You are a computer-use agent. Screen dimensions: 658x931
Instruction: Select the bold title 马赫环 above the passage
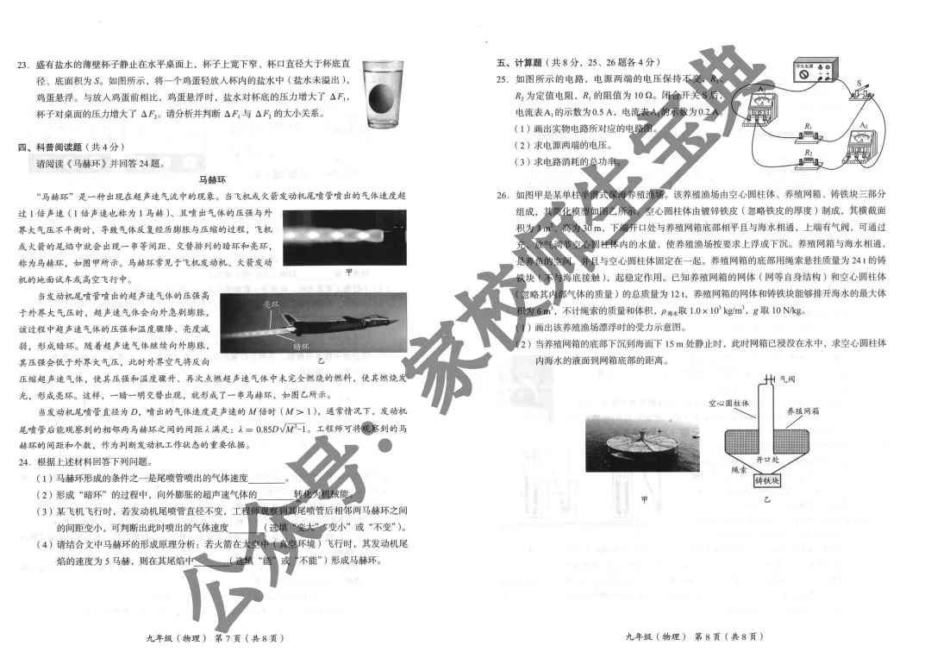(211, 180)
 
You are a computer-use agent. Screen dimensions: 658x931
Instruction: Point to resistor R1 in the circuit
(807, 134)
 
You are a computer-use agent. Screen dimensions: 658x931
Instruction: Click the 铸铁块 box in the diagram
(766, 479)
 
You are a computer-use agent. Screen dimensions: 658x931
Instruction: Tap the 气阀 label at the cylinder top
(787, 379)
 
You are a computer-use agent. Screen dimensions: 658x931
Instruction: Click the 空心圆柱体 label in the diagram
(728, 403)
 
